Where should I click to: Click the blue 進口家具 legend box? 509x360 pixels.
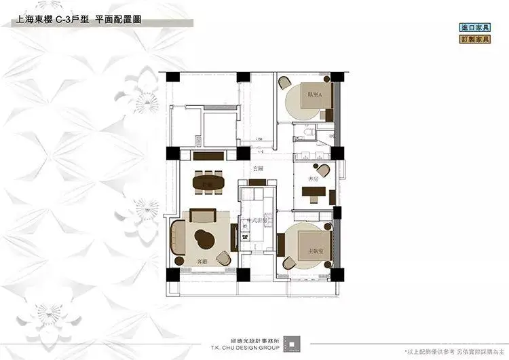click(475, 28)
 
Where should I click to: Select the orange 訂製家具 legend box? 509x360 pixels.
click(475, 39)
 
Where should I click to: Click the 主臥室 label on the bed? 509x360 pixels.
click(314, 251)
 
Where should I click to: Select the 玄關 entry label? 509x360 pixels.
click(258, 167)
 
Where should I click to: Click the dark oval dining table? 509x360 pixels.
click(208, 183)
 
